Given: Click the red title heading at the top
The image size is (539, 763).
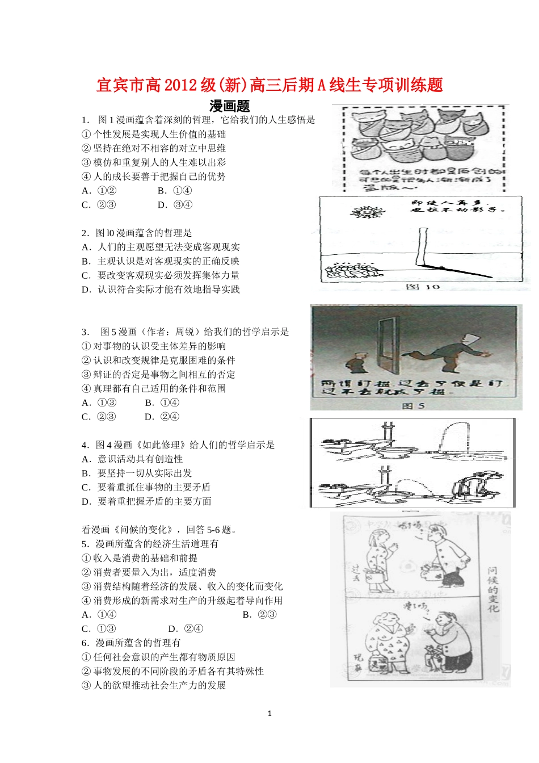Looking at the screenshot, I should pyautogui.click(x=269, y=85).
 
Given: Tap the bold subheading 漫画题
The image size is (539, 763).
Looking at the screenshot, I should pyautogui.click(x=230, y=106).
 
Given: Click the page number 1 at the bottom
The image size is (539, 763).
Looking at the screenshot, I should pyautogui.click(x=269, y=714).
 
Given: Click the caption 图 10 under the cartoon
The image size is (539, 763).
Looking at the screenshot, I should pyautogui.click(x=423, y=287).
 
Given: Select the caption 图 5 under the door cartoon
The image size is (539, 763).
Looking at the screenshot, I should pyautogui.click(x=412, y=405).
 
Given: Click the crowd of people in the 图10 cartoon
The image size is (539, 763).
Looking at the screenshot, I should pyautogui.click(x=352, y=271).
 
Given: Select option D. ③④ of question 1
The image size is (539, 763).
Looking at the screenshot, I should pyautogui.click(x=175, y=205).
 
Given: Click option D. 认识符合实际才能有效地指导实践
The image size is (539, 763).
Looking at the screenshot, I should pyautogui.click(x=161, y=290).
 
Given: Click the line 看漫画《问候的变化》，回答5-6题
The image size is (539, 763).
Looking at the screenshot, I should pyautogui.click(x=159, y=530).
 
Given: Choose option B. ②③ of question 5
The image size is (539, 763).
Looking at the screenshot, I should pyautogui.click(x=259, y=615).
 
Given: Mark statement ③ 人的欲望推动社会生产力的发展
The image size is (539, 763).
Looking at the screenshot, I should pyautogui.click(x=154, y=685).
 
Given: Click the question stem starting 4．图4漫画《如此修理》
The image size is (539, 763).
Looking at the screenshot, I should pyautogui.click(x=178, y=445).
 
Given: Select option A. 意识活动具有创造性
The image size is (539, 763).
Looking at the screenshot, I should pyautogui.click(x=132, y=459).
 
